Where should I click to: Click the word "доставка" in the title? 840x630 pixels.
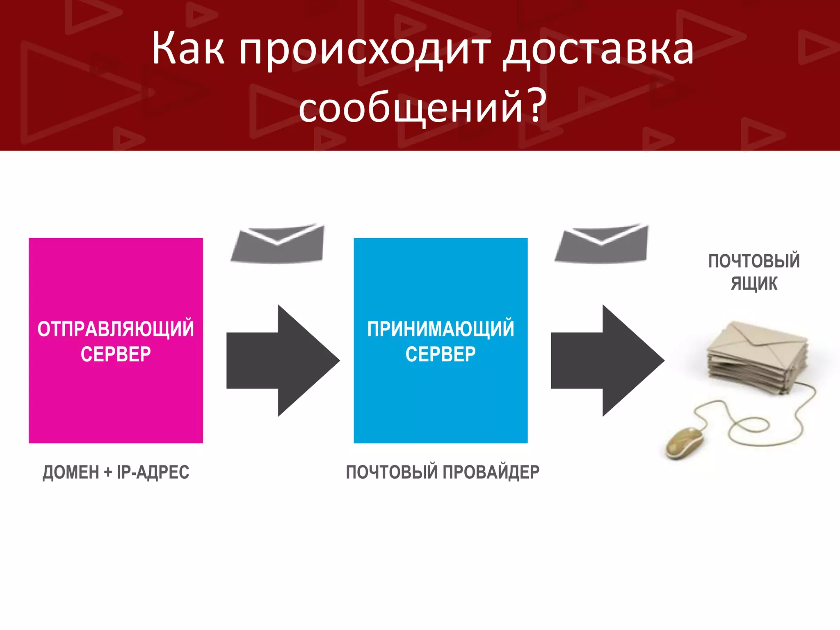pyautogui.click(x=598, y=50)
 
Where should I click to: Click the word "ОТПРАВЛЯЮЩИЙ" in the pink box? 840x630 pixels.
pyautogui.click(x=116, y=329)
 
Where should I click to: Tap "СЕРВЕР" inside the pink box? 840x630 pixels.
pyautogui.click(x=116, y=354)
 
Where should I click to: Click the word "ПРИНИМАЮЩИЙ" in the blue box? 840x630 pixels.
pyautogui.click(x=441, y=329)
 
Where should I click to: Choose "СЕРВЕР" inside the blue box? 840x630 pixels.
pyautogui.click(x=441, y=354)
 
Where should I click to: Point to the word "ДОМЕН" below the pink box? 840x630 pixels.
pyautogui.click(x=71, y=472)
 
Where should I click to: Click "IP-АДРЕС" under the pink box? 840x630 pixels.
pyautogui.click(x=153, y=472)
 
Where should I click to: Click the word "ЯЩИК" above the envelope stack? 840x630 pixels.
pyautogui.click(x=754, y=284)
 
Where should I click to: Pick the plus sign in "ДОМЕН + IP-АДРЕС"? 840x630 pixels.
pyautogui.click(x=108, y=472)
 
